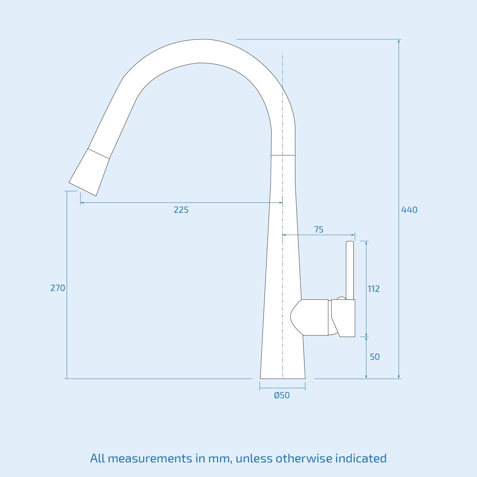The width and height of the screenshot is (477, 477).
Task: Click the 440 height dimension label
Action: tap(409, 210)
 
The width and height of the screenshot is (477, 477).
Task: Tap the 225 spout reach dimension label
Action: tap(181, 210)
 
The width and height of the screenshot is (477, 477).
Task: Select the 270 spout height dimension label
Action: tap(58, 288)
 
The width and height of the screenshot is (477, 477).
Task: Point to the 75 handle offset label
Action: tap(318, 230)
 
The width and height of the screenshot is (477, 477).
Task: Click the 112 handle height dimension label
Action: tap(374, 289)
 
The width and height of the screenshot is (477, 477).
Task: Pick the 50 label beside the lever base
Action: tap(374, 357)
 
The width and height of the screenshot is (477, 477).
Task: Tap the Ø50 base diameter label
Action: tap(282, 395)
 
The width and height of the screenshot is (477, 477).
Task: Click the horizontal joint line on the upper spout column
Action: tap(283, 155)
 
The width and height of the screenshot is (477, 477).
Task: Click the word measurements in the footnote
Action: tap(150, 459)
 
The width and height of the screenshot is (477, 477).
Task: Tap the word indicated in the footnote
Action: tap(361, 459)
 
